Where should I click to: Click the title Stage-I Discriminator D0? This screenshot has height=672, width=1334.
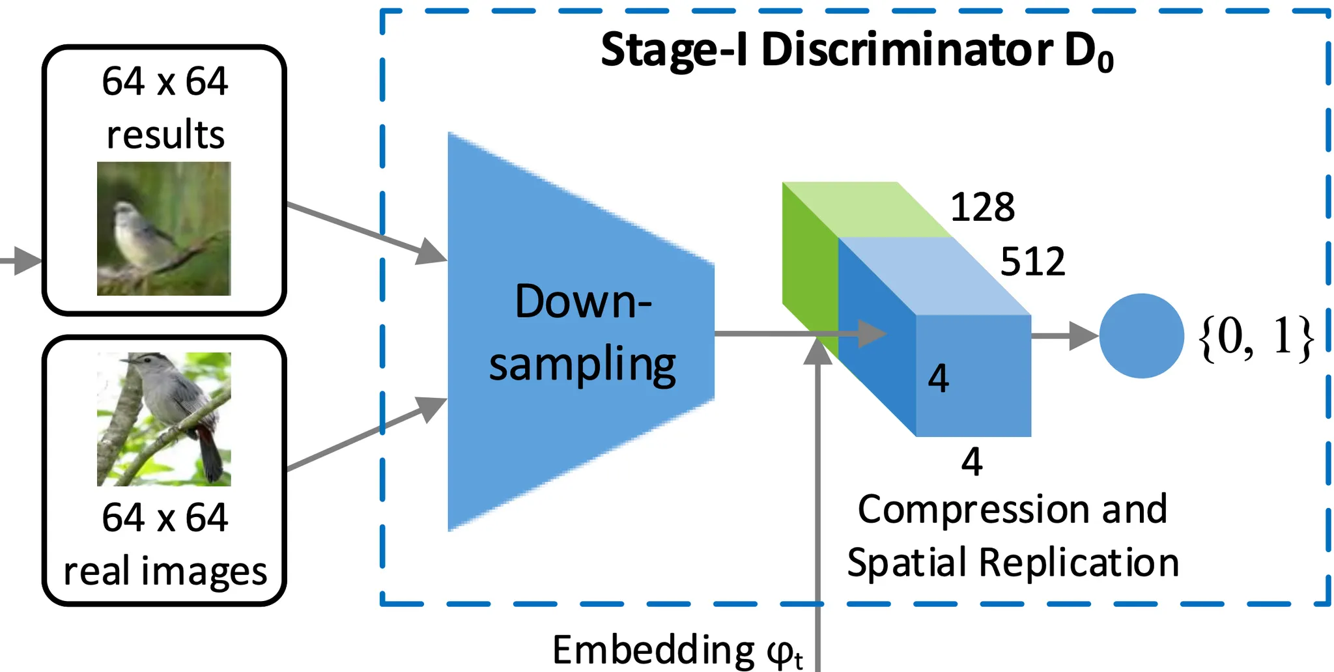pyautogui.click(x=857, y=51)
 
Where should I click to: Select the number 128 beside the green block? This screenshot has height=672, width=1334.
pyautogui.click(x=982, y=208)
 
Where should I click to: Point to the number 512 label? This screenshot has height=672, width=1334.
pyautogui.click(x=1032, y=262)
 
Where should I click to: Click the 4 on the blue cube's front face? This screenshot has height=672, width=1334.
pyautogui.click(x=939, y=378)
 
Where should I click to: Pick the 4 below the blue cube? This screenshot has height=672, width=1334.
pyautogui.click(x=972, y=462)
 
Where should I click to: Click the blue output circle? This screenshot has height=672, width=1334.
pyautogui.click(x=1141, y=336)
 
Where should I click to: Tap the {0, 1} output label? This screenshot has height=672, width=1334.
pyautogui.click(x=1256, y=337)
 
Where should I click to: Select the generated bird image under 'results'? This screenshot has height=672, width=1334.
pyautogui.click(x=164, y=229)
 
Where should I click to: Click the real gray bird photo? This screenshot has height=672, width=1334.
pyautogui.click(x=164, y=419)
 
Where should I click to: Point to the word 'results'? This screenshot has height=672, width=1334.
pyautogui.click(x=165, y=135)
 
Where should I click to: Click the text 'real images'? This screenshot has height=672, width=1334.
pyautogui.click(x=165, y=571)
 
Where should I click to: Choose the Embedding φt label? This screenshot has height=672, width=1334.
pyautogui.click(x=677, y=650)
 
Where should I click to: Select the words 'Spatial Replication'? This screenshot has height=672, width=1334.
pyautogui.click(x=1013, y=563)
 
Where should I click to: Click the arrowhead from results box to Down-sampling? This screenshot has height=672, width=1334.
pyautogui.click(x=431, y=253)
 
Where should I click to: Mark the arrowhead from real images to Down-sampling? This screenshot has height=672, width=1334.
pyautogui.click(x=431, y=408)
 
